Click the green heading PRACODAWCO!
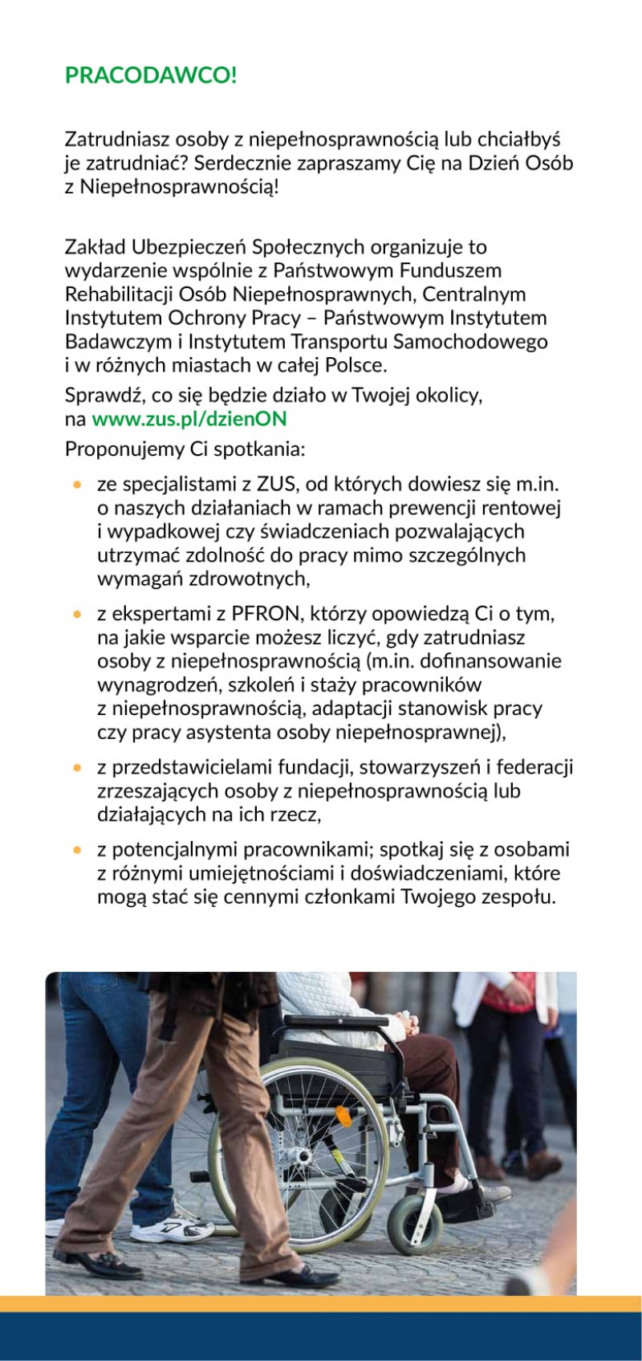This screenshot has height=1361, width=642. pyautogui.click(x=151, y=76)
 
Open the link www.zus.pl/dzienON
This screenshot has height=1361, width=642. pyautogui.click(x=189, y=419)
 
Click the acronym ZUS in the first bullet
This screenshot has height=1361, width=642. pyautogui.click(x=276, y=484)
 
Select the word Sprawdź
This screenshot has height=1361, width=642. pyautogui.click(x=99, y=396)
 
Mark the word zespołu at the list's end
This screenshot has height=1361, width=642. pyautogui.click(x=518, y=897)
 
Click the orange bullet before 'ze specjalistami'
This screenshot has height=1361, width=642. pyautogui.click(x=78, y=485)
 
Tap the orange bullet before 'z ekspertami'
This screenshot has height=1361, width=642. pyautogui.click(x=78, y=615)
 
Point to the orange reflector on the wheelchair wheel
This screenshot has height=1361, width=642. pyautogui.click(x=343, y=1115)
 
